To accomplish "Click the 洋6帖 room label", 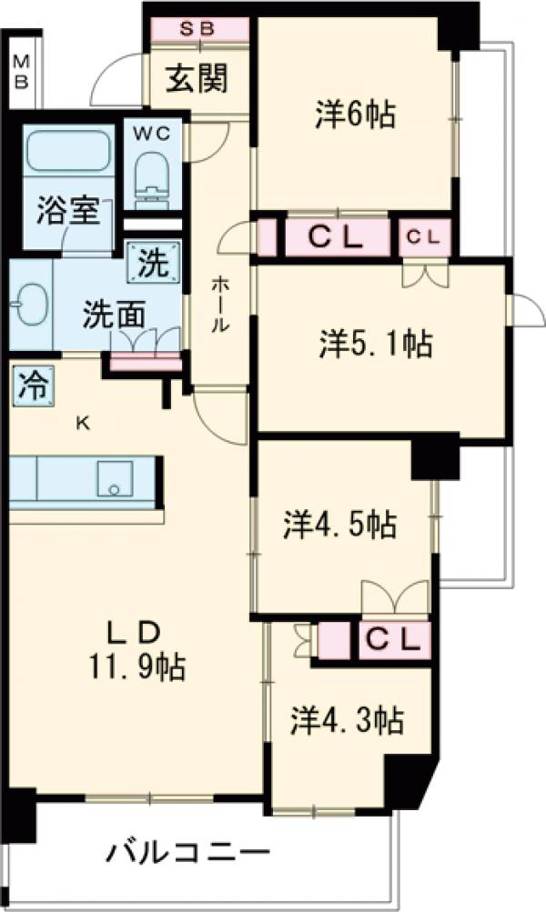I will (355, 115).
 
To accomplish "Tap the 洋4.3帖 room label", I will (348, 721).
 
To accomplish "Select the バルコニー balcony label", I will (189, 855).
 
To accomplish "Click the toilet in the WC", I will (151, 173).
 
